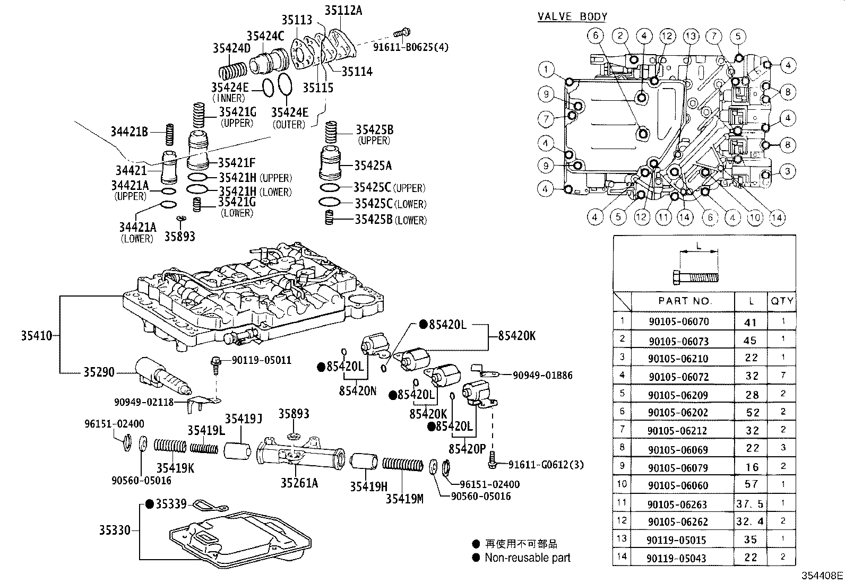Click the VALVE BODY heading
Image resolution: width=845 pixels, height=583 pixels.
(572, 16)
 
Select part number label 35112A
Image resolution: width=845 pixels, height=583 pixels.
(343, 10)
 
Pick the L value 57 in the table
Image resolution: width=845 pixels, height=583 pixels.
(752, 484)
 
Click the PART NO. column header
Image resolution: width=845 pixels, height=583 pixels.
(685, 301)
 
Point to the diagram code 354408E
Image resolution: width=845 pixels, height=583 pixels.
(822, 575)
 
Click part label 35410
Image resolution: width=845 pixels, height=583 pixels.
(37, 335)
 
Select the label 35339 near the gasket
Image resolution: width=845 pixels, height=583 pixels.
(171, 503)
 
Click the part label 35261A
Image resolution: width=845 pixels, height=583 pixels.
(299, 483)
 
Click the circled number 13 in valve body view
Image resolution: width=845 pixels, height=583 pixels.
(691, 36)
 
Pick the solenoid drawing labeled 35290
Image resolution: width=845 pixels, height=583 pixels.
(159, 376)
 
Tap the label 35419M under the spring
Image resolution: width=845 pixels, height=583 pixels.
(404, 499)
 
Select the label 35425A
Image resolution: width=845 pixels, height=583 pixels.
(373, 166)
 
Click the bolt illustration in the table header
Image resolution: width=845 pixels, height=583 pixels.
(695, 276)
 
